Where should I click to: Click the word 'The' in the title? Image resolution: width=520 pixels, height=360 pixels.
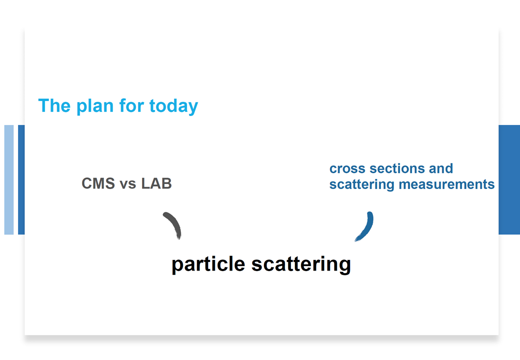(x=54, y=105)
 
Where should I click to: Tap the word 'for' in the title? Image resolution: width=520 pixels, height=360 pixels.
(x=131, y=105)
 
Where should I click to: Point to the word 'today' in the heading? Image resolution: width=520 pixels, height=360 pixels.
(x=173, y=106)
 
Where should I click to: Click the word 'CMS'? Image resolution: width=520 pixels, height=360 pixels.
(x=98, y=183)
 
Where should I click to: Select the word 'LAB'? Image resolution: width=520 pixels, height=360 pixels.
(x=156, y=183)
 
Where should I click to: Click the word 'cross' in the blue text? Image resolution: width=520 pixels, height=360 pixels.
(x=347, y=168)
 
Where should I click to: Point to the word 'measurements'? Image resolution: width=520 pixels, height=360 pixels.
(x=446, y=184)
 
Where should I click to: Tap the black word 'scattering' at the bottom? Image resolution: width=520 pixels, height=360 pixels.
(x=301, y=265)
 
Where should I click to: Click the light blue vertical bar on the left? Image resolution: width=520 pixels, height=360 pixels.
(x=9, y=179)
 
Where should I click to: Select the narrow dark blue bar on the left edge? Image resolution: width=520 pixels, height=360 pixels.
(x=21, y=179)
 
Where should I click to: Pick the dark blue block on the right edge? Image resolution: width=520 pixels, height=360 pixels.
(x=509, y=179)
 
